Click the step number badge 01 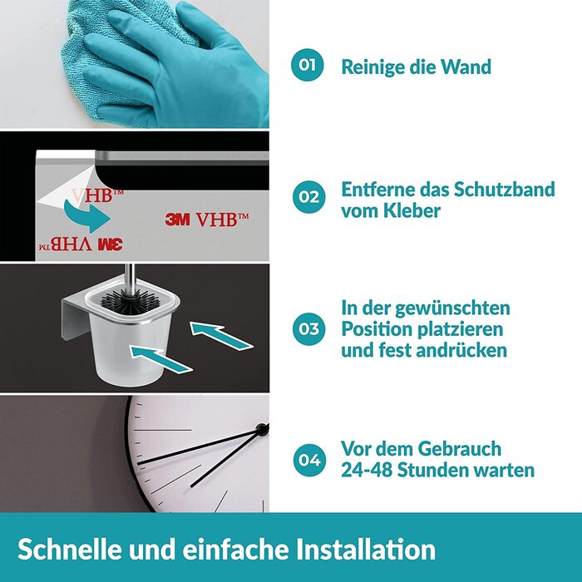307,65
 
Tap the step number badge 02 308,197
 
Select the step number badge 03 308,329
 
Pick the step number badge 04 309,461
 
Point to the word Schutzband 505,190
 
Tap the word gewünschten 452,308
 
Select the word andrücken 461,350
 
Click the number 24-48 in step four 367,470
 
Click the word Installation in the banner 366,550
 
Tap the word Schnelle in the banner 69,550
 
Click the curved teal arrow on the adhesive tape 86,216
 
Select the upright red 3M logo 177,219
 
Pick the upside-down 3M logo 111,244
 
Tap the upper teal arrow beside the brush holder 221,335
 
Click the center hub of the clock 262,430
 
